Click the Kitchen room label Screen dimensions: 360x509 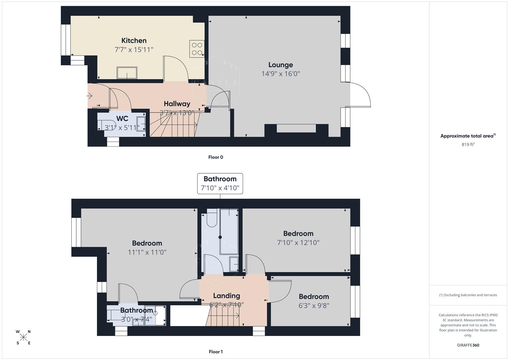tap(134, 41)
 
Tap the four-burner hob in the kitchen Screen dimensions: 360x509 tap(197, 49)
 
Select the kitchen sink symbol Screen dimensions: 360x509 tap(127, 73)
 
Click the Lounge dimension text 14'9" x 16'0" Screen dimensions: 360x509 tap(281, 74)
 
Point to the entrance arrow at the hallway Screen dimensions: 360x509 tap(89, 96)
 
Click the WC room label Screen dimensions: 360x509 tap(122, 119)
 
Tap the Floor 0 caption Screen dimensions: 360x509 tap(216, 157)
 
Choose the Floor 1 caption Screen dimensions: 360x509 tap(216, 352)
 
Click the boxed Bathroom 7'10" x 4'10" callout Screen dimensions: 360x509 tap(220, 183)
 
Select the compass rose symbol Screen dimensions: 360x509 tap(23, 337)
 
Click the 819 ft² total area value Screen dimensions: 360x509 tap(468, 145)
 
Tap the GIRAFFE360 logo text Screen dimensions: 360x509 tap(468, 345)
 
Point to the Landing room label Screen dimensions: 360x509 tap(226, 296)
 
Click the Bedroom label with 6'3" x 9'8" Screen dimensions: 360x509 tap(314, 297)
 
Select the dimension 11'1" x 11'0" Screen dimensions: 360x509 tap(147, 252)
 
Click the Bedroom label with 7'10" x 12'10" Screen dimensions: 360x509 tap(298, 234)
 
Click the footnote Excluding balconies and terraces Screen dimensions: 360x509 tap(468, 295)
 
